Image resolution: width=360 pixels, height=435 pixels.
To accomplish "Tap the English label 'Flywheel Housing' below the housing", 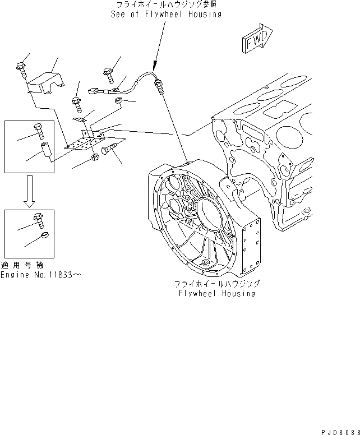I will [216, 293].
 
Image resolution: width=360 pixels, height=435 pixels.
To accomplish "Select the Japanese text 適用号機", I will [22, 265].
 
